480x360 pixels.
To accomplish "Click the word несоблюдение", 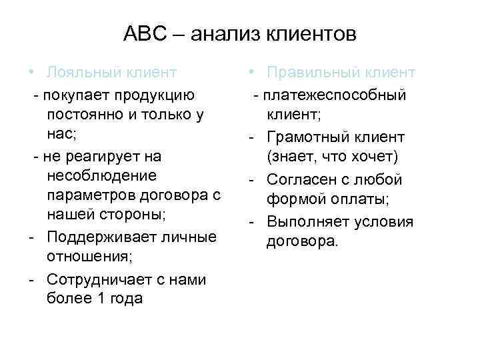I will (x=103, y=175).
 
